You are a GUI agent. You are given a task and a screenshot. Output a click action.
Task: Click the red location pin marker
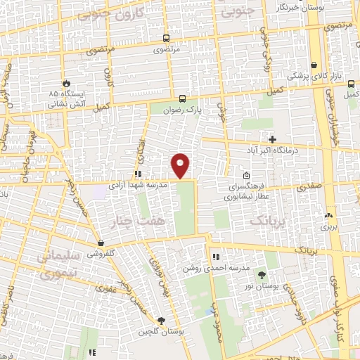pos(181,165)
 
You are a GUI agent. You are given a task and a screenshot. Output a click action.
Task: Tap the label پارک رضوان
pos(182,110)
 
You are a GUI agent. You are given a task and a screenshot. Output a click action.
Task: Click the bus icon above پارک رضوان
pos(182,98)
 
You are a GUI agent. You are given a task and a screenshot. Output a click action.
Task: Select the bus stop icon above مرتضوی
pos(166,39)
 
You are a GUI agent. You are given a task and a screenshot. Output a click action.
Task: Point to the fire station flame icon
pos(67,82)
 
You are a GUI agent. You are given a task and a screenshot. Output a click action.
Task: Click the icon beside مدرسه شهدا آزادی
pos(139,174)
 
